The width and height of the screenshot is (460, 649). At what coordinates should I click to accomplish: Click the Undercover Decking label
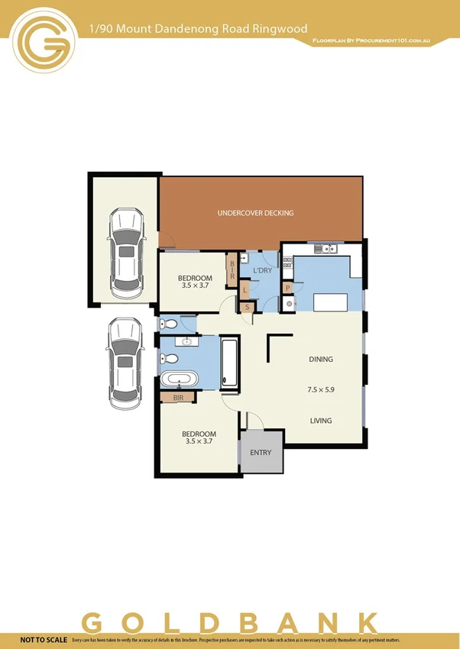tap(255, 213)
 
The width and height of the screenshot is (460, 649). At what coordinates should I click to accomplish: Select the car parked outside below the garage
tap(126, 363)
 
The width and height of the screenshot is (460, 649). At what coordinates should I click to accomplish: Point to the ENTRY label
tap(261, 453)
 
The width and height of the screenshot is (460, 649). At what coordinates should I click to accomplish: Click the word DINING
tap(321, 359)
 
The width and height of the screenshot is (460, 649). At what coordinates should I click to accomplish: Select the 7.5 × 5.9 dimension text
tap(321, 389)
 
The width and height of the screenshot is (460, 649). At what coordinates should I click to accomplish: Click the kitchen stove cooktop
tap(288, 264)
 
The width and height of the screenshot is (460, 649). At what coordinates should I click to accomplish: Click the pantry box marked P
tap(287, 288)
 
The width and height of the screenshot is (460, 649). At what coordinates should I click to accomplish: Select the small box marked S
tap(247, 307)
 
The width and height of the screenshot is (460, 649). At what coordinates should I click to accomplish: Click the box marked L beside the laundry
tap(245, 290)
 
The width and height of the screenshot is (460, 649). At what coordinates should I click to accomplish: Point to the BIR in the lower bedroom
tap(179, 398)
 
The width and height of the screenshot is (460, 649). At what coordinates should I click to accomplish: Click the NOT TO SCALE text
tap(43, 638)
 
